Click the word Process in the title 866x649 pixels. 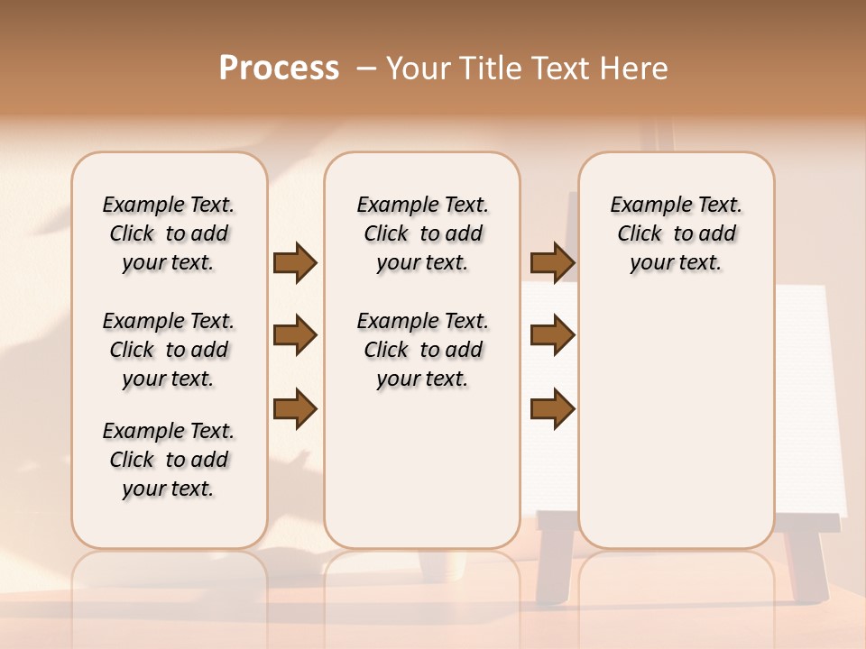pyautogui.click(x=279, y=68)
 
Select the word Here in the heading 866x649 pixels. pyautogui.click(x=635, y=68)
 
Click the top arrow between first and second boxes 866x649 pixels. pyautogui.click(x=295, y=262)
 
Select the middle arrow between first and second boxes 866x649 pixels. pyautogui.click(x=295, y=335)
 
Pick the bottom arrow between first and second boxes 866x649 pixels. pyautogui.click(x=295, y=409)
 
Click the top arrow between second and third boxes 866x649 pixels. pyautogui.click(x=552, y=262)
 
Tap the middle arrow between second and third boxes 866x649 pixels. pyautogui.click(x=552, y=335)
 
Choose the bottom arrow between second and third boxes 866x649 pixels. pyautogui.click(x=552, y=409)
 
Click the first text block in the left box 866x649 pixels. pyautogui.click(x=169, y=233)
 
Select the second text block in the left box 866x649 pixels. pyautogui.click(x=169, y=350)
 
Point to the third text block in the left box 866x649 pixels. pyautogui.click(x=169, y=460)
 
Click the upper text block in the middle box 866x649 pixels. pyautogui.click(x=422, y=233)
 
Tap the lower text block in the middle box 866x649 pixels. pyautogui.click(x=422, y=350)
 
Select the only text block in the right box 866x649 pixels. pyautogui.click(x=677, y=233)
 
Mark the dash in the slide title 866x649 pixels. pyautogui.click(x=366, y=68)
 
